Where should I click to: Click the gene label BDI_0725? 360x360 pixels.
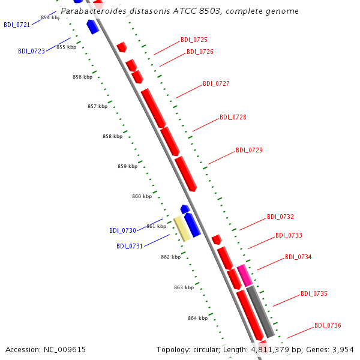tap(194, 40)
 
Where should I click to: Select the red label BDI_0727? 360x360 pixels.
tap(216, 83)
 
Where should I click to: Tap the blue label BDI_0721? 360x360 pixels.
tap(17, 25)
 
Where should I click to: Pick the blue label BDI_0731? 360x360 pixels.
tap(130, 246)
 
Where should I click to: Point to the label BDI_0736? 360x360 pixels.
tap(328, 325)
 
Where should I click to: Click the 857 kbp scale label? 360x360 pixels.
tap(98, 106)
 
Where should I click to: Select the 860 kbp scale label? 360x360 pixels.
tap(142, 196)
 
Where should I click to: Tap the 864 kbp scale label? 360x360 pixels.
tap(197, 318)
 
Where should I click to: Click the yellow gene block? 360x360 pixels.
tap(182, 229)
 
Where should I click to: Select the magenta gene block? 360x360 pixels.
tap(245, 275)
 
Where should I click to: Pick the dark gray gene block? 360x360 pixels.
tap(260, 311)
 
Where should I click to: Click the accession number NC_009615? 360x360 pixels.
tap(65, 350)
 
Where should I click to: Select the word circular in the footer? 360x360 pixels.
tap(206, 350)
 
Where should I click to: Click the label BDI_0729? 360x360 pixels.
tap(249, 150)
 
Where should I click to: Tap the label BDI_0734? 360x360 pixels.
tap(298, 257)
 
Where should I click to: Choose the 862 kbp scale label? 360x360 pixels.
tap(171, 257)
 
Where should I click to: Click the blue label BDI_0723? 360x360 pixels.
tap(31, 51)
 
